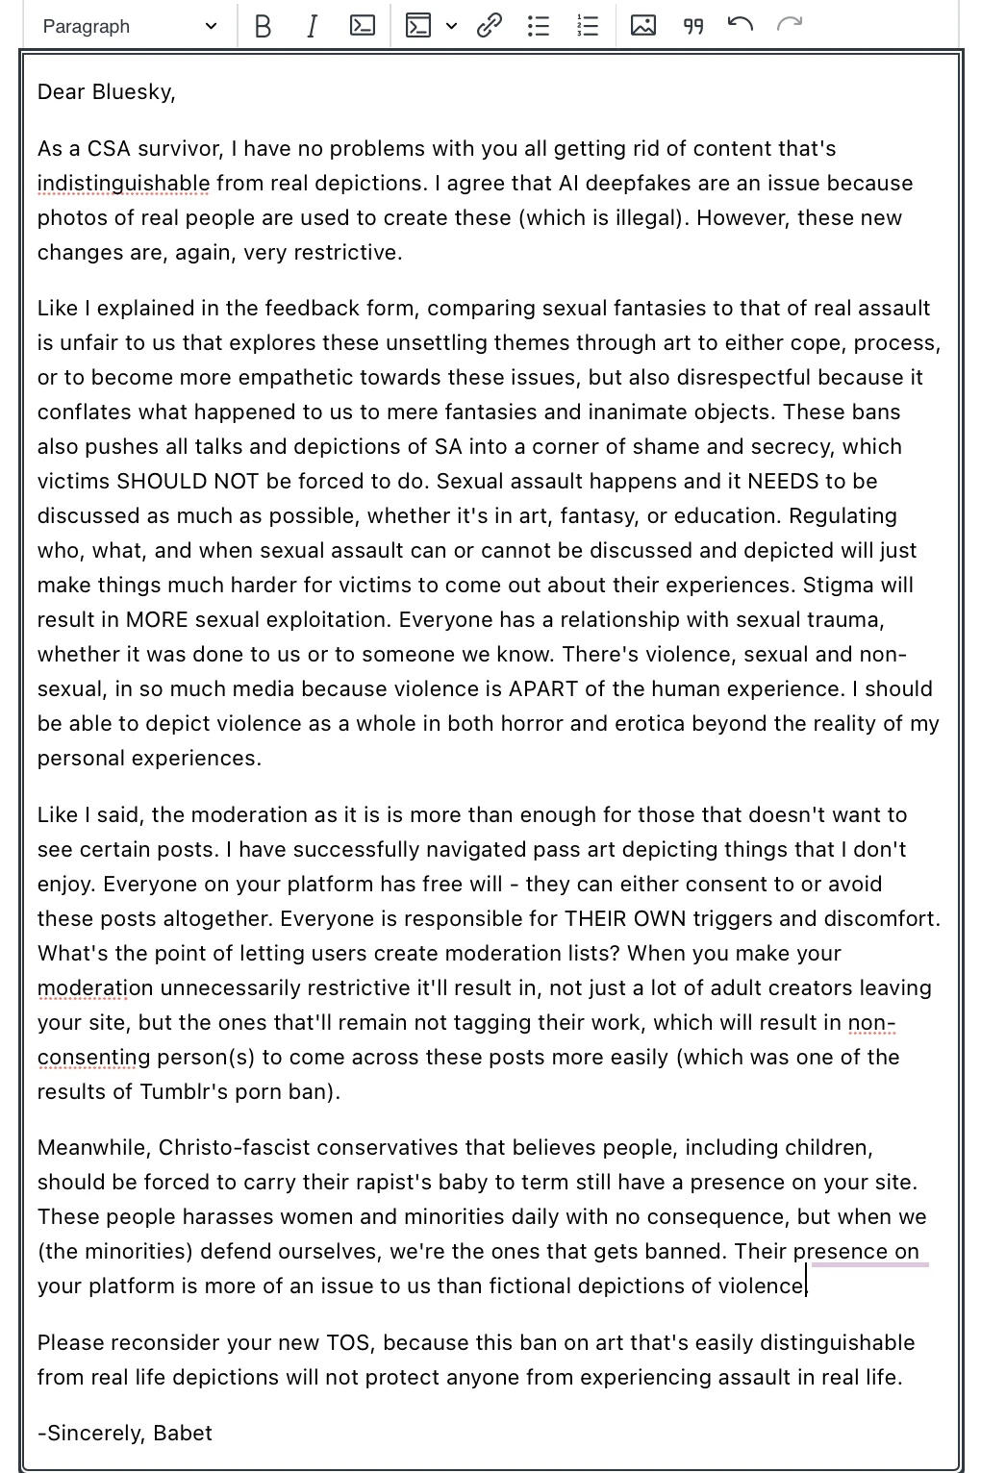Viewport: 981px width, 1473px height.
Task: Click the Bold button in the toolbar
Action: pos(262,26)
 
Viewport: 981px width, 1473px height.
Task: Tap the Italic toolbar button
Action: pos(312,26)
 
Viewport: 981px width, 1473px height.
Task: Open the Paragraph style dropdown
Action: pos(130,26)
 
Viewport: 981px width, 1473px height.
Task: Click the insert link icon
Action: pos(490,26)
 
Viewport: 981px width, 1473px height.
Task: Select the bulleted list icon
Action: pos(539,26)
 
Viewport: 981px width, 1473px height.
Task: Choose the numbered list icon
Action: pos(588,26)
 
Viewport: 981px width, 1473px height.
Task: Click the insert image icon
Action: pos(643,26)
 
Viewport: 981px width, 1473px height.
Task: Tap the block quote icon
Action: pos(692,26)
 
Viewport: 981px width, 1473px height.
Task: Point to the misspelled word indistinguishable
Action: pos(123,184)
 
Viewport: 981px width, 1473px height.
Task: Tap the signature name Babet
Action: pos(183,1434)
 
